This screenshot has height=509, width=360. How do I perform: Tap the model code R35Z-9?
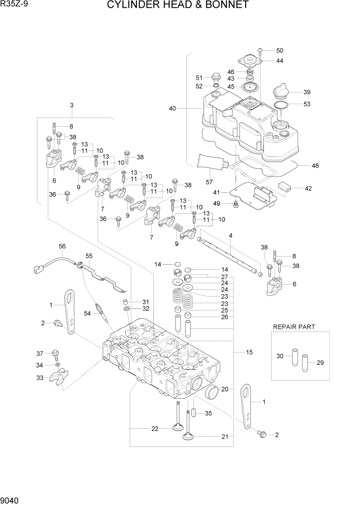pyautogui.click(x=14, y=5)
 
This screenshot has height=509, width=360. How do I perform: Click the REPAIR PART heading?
pyautogui.click(x=294, y=326)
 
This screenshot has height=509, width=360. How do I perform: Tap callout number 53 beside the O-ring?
pyautogui.click(x=307, y=104)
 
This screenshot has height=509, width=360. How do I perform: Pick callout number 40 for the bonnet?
pyautogui.click(x=172, y=108)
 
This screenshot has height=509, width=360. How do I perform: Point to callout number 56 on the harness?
pyautogui.click(x=62, y=246)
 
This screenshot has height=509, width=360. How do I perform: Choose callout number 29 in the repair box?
pyautogui.click(x=321, y=363)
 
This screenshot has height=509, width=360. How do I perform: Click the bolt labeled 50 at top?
pyautogui.click(x=261, y=51)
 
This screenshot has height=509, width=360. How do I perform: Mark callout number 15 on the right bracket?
pyautogui.click(x=249, y=352)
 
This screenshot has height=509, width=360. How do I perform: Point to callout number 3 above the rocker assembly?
pyautogui.click(x=72, y=105)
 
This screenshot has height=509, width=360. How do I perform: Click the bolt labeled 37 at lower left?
pyautogui.click(x=55, y=354)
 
